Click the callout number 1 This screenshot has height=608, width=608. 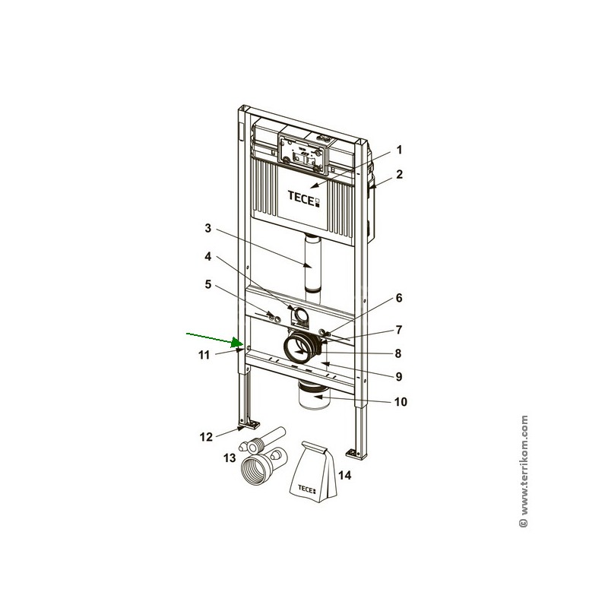pyautogui.click(x=400, y=150)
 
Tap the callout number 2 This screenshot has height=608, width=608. pyautogui.click(x=400, y=175)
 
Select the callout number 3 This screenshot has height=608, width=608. pyautogui.click(x=208, y=229)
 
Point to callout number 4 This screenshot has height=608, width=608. pyautogui.click(x=208, y=256)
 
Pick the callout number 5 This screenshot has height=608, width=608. pyautogui.click(x=208, y=284)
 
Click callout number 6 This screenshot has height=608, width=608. pyautogui.click(x=398, y=298)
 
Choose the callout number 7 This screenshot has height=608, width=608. pyautogui.click(x=398, y=330)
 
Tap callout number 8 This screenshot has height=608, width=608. pyautogui.click(x=397, y=353)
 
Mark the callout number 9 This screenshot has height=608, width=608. pyautogui.click(x=398, y=376)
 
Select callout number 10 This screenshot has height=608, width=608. pyautogui.click(x=401, y=402)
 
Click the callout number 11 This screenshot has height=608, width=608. pyautogui.click(x=204, y=355)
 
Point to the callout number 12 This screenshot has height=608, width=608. pyautogui.click(x=206, y=437)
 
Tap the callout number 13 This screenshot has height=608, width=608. pyautogui.click(x=230, y=458)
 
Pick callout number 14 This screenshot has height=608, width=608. pyautogui.click(x=345, y=474)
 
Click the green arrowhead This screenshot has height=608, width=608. pyautogui.click(x=237, y=343)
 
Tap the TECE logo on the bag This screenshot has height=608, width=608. pyautogui.click(x=307, y=489)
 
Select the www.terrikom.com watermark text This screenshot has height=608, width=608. pyautogui.click(x=524, y=471)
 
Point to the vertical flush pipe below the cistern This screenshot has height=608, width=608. pyautogui.click(x=313, y=267)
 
